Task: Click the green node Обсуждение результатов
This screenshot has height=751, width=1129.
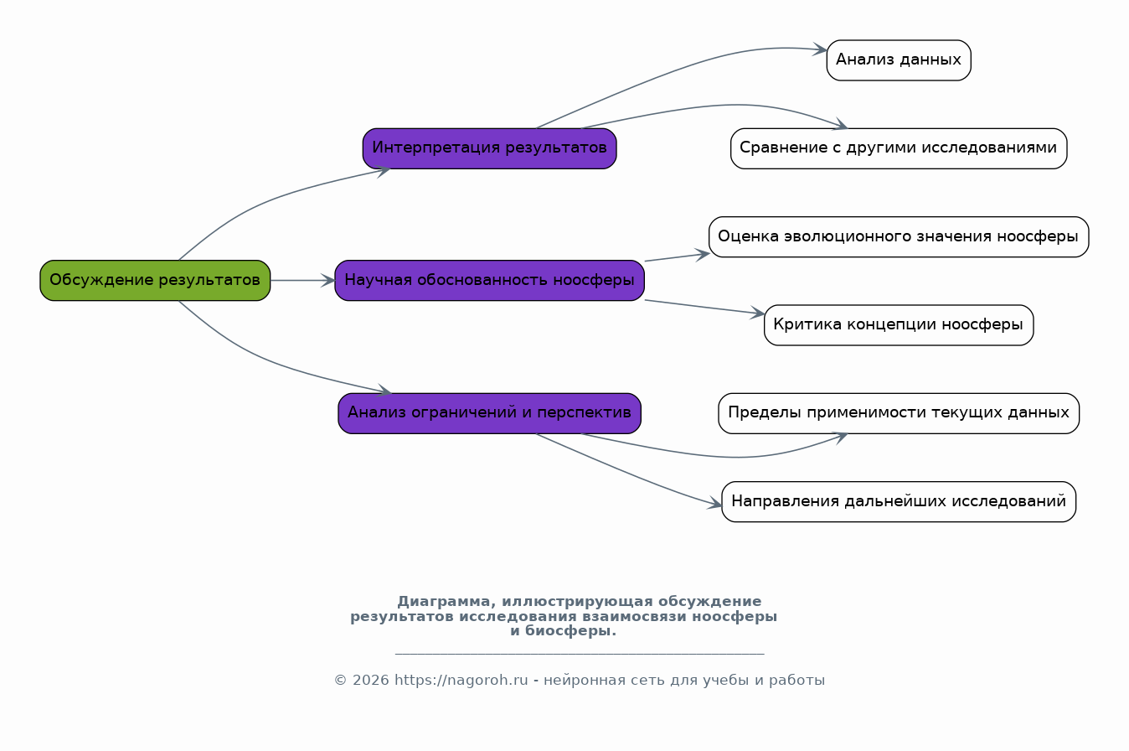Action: tap(155, 281)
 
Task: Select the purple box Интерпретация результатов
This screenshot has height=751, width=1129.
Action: tap(489, 148)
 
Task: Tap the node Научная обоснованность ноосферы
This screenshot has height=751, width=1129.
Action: tap(489, 281)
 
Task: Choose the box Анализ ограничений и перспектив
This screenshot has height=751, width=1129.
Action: tap(489, 413)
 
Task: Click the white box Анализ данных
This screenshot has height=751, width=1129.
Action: tap(899, 60)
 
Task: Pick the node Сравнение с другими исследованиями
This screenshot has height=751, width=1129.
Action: tap(899, 148)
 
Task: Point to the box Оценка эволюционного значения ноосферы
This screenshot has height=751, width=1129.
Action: tap(899, 236)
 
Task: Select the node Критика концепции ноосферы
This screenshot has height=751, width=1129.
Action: tap(899, 325)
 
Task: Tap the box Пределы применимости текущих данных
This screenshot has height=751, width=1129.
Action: tap(899, 413)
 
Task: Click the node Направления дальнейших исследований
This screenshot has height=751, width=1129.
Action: tap(899, 501)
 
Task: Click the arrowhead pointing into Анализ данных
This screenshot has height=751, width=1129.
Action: tap(820, 49)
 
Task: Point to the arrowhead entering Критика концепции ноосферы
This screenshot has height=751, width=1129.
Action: tap(757, 313)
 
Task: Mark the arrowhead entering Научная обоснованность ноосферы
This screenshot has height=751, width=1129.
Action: tap(328, 281)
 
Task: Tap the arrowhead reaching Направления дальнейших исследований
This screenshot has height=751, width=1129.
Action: tap(714, 503)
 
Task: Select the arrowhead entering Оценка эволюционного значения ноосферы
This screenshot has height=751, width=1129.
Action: tap(703, 255)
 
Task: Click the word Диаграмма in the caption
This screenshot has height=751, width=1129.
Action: tap(444, 601)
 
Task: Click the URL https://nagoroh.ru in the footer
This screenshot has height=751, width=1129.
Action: tap(461, 681)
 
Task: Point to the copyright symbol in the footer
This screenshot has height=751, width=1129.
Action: tap(340, 681)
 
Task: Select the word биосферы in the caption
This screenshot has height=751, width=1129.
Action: tap(570, 631)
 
